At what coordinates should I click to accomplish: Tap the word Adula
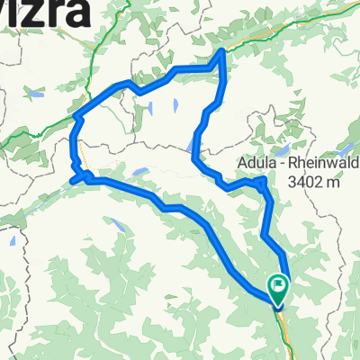(261, 163)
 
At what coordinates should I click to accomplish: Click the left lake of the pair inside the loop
(151, 109)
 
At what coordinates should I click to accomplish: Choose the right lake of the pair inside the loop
(175, 104)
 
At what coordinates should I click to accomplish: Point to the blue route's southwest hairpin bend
(79, 175)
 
